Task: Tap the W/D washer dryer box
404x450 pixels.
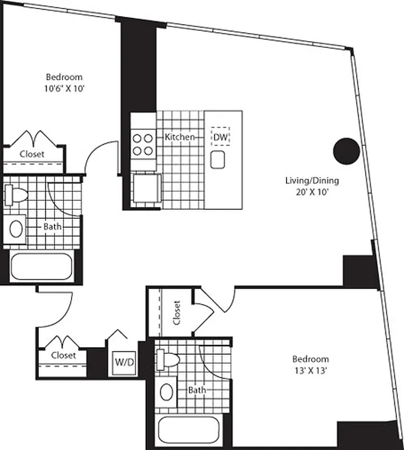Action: click(124, 361)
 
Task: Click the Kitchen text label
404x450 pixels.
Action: click(180, 137)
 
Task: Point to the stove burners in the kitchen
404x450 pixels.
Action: click(143, 143)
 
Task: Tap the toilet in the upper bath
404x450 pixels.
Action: click(17, 195)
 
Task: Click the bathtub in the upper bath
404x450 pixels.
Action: click(41, 267)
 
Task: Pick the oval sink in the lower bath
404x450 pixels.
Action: click(167, 390)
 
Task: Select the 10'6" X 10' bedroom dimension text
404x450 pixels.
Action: click(64, 88)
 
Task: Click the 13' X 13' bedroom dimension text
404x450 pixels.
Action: click(310, 370)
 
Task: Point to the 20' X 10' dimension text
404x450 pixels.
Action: click(306, 192)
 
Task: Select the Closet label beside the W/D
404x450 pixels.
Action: click(63, 355)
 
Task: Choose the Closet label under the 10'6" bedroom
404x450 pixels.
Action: click(32, 154)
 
